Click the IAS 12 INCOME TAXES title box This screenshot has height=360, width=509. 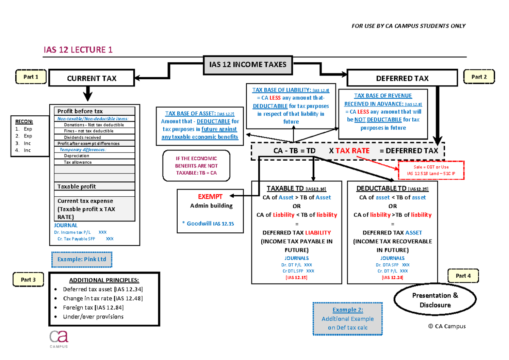248,65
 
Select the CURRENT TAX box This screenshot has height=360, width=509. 92,78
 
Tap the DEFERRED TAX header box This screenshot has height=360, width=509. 402,78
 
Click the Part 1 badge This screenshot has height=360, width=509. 31,77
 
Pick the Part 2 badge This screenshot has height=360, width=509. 479,77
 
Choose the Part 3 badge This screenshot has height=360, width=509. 28,279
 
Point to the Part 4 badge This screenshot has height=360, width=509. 463,276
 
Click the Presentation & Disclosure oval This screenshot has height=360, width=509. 435,300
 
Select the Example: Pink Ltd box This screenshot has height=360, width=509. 82,260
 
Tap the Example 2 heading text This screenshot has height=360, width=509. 348,310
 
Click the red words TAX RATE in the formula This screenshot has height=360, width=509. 352,151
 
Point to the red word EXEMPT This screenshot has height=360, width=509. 210,197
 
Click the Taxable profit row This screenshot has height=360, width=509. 95,186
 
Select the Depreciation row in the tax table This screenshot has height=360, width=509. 95,156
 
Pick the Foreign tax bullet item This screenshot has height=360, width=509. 93,307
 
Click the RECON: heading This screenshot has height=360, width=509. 24,122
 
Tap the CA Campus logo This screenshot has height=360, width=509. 59,339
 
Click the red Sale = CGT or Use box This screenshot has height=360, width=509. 431,170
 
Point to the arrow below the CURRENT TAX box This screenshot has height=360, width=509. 88,94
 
